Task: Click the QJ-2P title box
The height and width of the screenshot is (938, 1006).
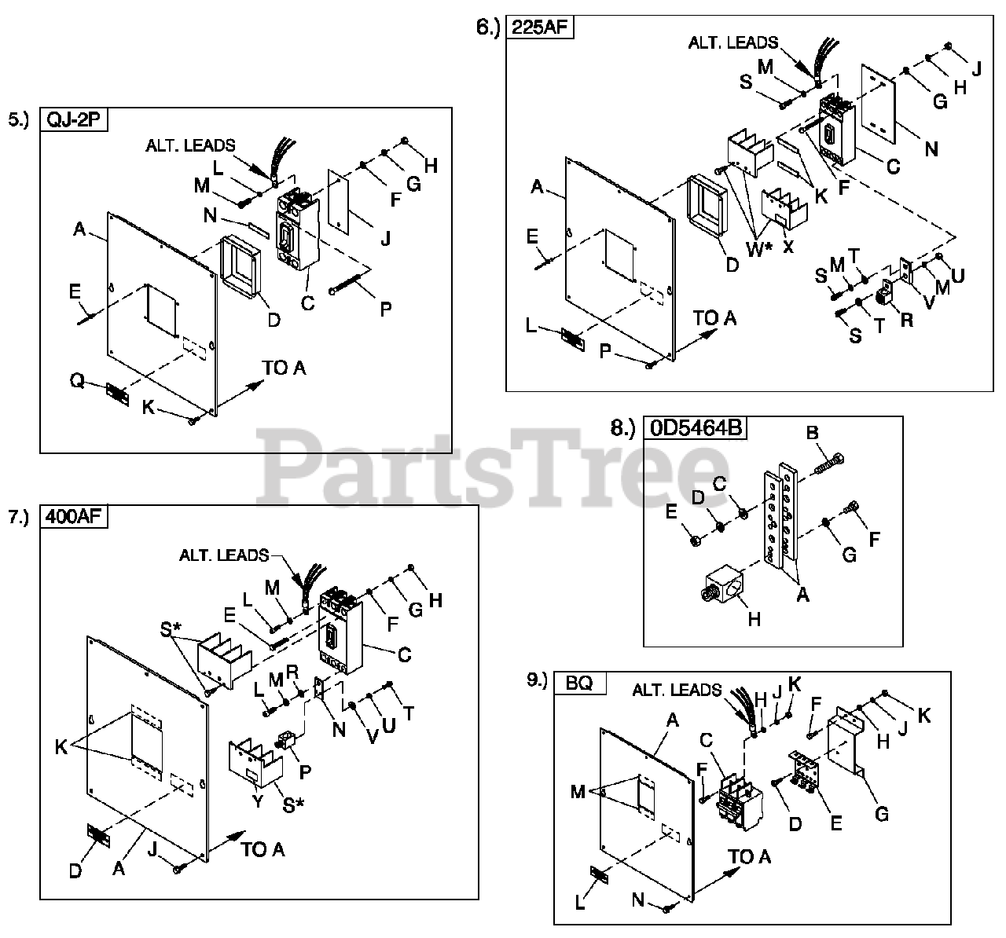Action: (72, 119)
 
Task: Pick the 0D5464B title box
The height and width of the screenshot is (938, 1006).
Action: (696, 428)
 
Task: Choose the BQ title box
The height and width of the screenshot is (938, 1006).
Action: (580, 683)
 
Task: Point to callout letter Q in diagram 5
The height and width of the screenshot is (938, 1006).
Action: (76, 380)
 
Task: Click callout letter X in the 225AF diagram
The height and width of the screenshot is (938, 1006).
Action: (788, 245)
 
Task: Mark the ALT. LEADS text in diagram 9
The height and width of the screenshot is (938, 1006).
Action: (677, 691)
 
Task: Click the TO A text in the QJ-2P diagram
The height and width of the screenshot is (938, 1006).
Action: (284, 368)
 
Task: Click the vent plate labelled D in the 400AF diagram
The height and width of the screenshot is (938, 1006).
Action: (98, 834)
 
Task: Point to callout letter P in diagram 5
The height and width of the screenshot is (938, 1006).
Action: (385, 309)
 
